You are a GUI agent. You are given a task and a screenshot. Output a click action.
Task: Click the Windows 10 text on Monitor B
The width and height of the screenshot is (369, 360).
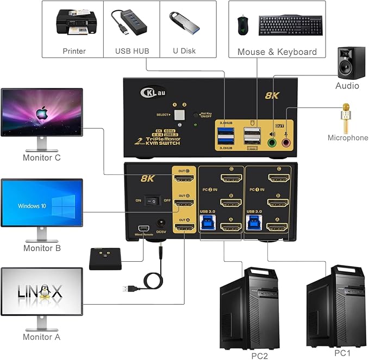coord(32,206)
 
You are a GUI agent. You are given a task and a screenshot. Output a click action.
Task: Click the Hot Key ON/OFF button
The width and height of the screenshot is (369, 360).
coord(197,115)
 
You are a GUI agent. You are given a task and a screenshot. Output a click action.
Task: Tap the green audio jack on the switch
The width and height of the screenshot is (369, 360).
coord(272,143)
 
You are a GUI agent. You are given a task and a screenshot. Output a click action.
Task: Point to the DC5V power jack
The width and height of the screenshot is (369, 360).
coord(161,223)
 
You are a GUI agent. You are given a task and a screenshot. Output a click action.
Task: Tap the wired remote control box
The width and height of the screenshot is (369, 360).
coord(105,259)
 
